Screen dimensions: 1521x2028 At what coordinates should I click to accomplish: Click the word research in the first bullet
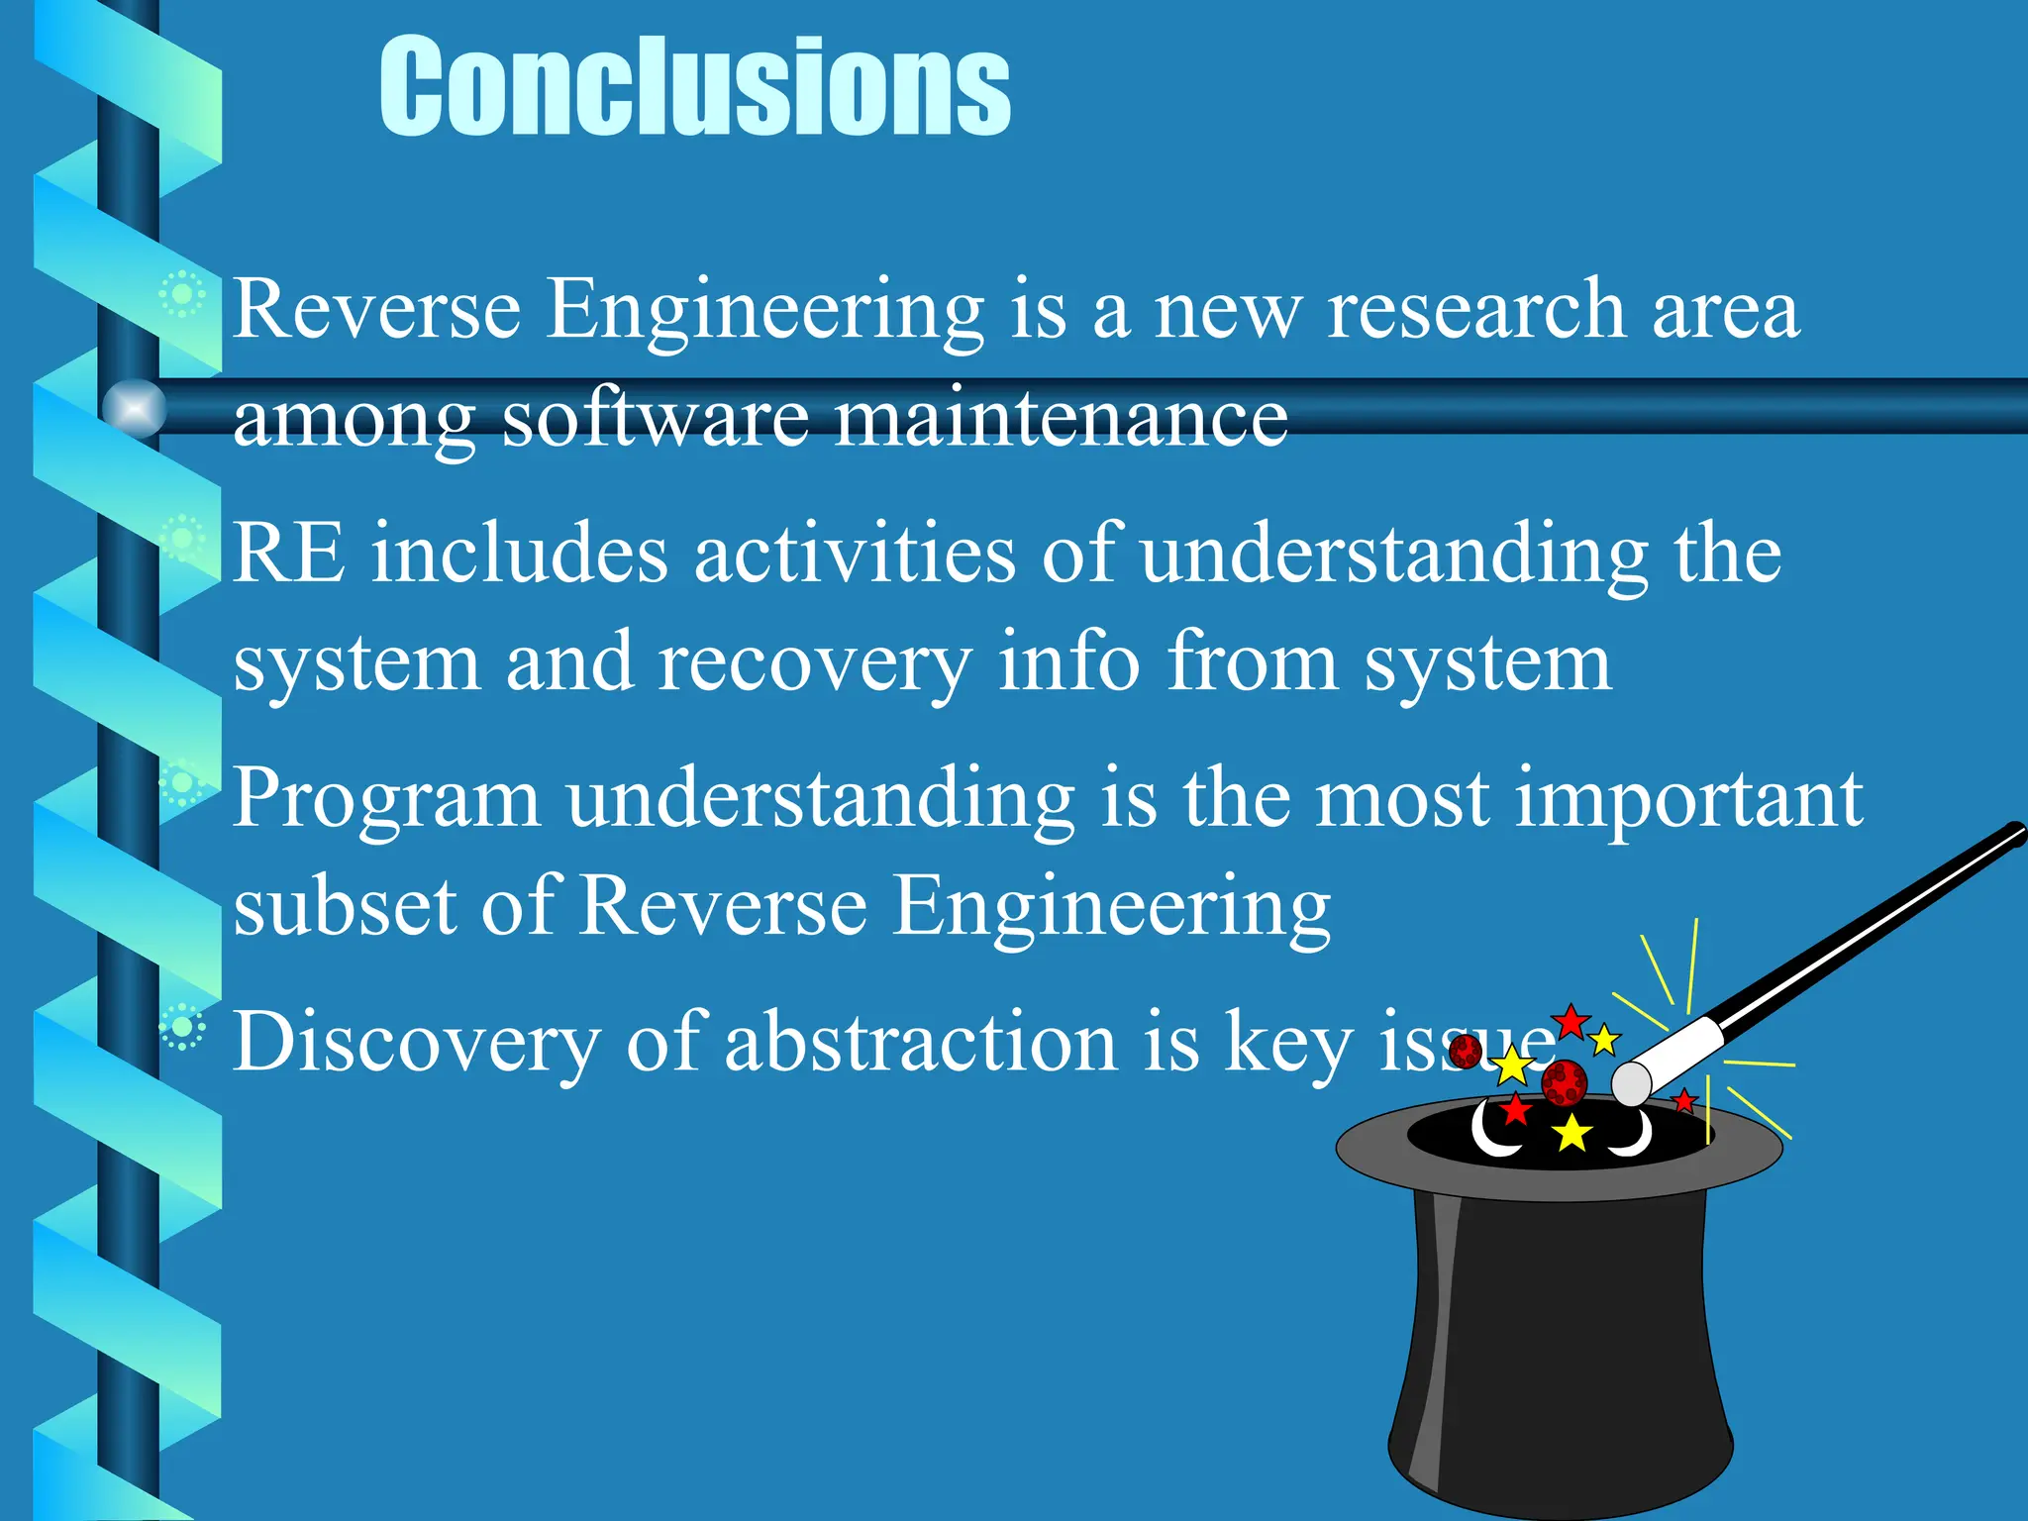(x=1476, y=310)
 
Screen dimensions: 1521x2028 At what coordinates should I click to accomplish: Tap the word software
(x=656, y=418)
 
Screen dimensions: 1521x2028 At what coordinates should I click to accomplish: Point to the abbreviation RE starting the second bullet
(x=289, y=553)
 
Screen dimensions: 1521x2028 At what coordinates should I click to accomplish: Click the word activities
(x=855, y=553)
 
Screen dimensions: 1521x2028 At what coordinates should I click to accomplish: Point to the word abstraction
(x=921, y=1041)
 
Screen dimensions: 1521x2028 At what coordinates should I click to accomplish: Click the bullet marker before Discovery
(x=182, y=1028)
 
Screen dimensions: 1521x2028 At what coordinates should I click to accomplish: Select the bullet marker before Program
(x=182, y=784)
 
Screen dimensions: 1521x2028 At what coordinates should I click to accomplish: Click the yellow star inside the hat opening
(x=1572, y=1133)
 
